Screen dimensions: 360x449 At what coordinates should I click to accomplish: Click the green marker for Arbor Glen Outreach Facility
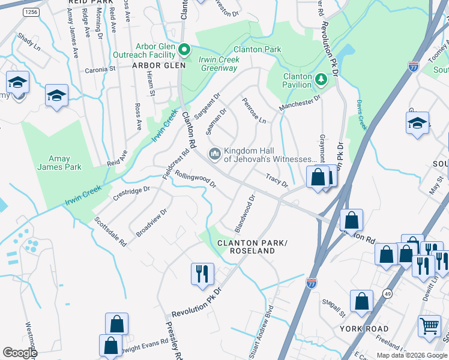point(185,50)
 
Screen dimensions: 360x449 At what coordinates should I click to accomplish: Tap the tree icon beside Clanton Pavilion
point(321,79)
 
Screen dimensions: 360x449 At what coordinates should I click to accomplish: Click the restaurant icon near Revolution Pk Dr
point(202,274)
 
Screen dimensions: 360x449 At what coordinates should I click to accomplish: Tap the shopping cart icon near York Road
point(429,327)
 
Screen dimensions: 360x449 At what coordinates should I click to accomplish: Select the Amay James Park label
point(59,163)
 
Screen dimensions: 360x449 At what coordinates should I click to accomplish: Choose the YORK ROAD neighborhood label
point(364,329)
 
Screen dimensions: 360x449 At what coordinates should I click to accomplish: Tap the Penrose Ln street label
point(253,111)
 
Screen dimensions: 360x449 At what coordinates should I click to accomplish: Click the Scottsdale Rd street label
point(110,232)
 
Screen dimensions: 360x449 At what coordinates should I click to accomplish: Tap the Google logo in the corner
point(20,353)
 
